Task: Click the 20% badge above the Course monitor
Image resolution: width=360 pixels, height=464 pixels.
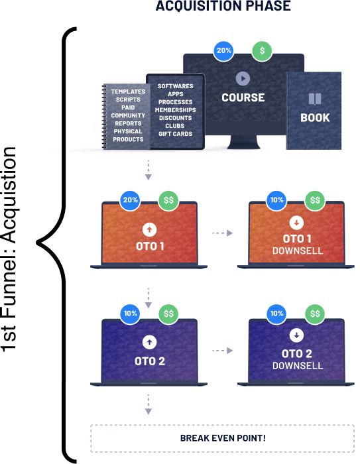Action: click(x=223, y=51)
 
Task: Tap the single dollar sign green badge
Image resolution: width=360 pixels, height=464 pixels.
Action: click(x=262, y=51)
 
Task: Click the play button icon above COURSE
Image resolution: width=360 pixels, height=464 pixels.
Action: click(x=243, y=79)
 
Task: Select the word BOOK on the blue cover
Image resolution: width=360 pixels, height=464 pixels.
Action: click(x=315, y=118)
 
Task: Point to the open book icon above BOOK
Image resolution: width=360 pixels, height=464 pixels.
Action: click(x=315, y=99)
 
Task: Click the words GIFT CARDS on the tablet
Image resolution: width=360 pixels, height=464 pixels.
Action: click(x=175, y=134)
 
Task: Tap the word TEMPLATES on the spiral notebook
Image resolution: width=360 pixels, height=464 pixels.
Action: click(x=128, y=91)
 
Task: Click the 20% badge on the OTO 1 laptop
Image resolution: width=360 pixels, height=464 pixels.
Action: click(x=130, y=200)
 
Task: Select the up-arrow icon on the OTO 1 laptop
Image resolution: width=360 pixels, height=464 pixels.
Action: click(x=150, y=229)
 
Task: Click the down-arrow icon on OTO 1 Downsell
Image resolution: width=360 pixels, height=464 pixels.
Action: click(x=296, y=222)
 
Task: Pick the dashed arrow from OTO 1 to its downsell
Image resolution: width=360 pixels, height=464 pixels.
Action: click(x=223, y=233)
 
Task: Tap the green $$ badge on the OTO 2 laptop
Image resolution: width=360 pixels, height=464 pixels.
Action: click(x=168, y=314)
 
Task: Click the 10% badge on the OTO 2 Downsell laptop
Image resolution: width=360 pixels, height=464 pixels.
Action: click(x=277, y=314)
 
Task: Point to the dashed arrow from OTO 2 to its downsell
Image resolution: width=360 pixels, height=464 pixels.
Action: click(x=223, y=351)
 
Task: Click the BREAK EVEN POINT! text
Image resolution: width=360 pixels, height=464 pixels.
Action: click(x=223, y=438)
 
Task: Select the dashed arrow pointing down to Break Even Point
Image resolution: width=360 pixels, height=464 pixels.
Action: click(x=149, y=404)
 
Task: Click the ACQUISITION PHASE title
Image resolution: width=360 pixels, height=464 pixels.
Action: click(x=223, y=6)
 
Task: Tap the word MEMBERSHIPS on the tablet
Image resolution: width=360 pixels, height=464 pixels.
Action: click(x=175, y=110)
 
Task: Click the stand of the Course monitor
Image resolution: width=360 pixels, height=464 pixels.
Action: click(x=243, y=142)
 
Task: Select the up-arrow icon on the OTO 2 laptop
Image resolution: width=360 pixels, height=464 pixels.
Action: click(x=150, y=343)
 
